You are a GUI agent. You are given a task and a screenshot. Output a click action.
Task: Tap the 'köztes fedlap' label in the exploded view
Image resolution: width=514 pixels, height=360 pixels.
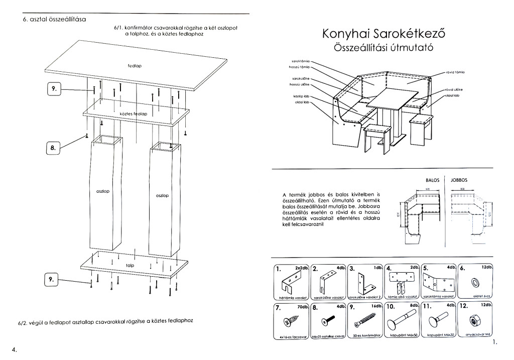pyautogui.click(x=133, y=114)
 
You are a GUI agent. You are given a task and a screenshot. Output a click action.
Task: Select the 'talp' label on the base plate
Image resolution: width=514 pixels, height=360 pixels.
pyautogui.click(x=130, y=265)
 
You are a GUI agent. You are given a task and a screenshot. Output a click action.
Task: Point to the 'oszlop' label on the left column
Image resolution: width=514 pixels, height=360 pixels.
pyautogui.click(x=102, y=192)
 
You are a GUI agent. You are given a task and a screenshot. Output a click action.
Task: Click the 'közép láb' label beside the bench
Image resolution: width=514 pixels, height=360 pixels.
pyautogui.click(x=301, y=96)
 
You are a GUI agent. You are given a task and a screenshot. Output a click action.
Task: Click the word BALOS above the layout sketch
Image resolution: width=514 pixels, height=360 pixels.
pyautogui.click(x=433, y=179)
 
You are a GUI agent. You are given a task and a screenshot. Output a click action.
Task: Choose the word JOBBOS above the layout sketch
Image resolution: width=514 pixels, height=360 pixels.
pyautogui.click(x=459, y=179)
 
